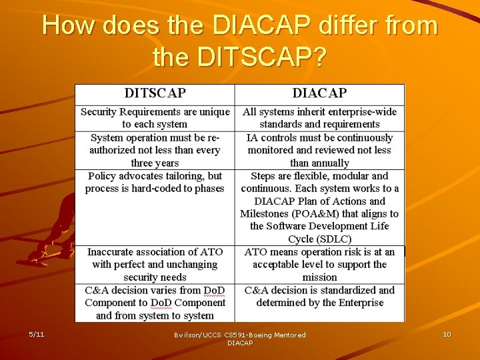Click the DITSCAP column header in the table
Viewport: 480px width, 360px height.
tap(155, 93)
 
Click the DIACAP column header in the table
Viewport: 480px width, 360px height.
tap(319, 93)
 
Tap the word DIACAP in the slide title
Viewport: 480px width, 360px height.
tap(262, 25)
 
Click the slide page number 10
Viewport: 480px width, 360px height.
tap(446, 334)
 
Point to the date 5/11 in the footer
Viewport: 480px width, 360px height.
tap(37, 334)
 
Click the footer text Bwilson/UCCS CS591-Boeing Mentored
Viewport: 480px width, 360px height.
tap(240, 335)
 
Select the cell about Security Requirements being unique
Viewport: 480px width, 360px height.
tap(155, 118)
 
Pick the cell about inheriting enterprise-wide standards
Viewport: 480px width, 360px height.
tap(319, 118)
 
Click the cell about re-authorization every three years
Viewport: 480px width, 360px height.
tap(155, 150)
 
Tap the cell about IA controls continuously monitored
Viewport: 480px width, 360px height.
tap(319, 150)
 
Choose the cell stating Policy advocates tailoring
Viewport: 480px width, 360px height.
tap(155, 182)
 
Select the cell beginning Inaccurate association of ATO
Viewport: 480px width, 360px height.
tap(155, 264)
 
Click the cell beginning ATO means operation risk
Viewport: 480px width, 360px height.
tap(319, 264)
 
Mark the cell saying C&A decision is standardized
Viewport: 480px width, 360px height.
tap(319, 297)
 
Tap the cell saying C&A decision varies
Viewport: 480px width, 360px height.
tap(155, 303)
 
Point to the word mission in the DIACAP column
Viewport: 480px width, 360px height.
tap(319, 277)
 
